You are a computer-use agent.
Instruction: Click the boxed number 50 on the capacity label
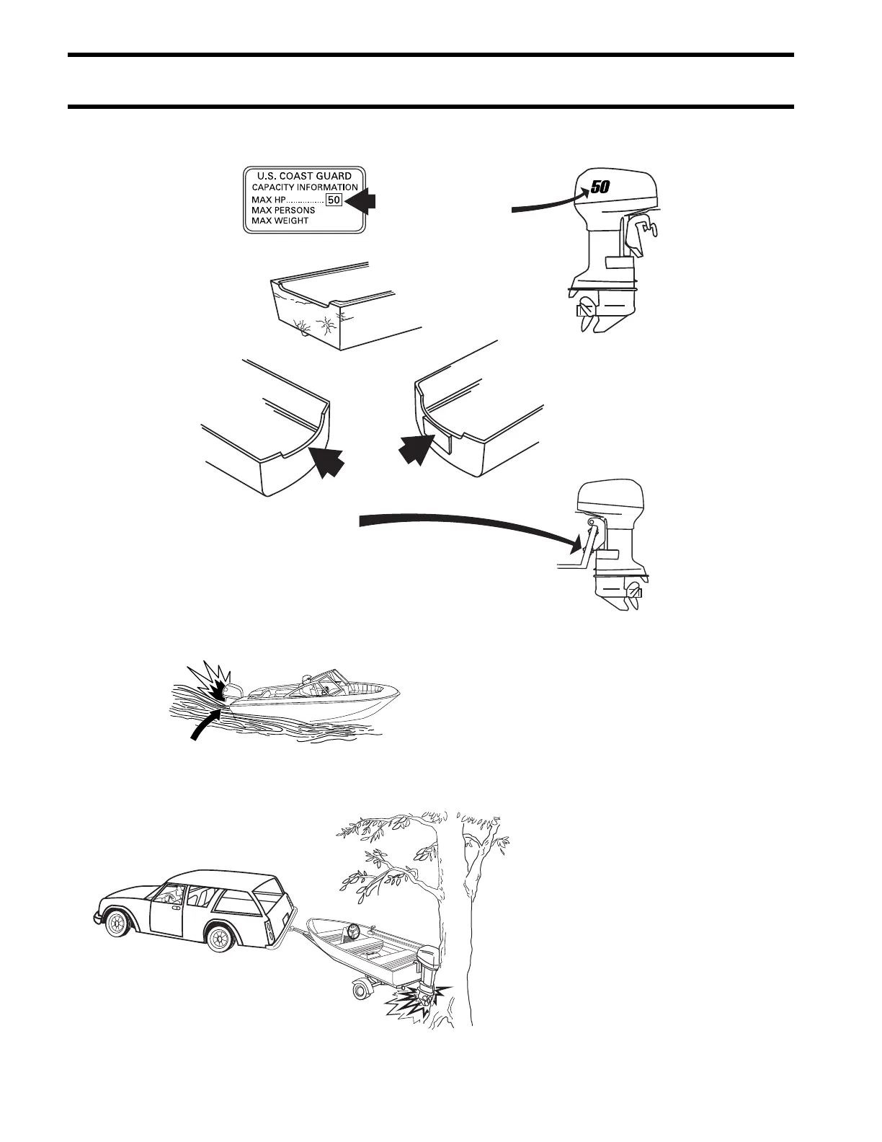point(334,200)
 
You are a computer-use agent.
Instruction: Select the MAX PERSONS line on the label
point(283,211)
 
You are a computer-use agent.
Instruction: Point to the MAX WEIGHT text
point(280,221)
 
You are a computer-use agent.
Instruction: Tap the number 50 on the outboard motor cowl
point(600,187)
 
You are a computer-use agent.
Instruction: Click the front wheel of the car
point(117,924)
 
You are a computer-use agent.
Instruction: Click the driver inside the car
point(173,895)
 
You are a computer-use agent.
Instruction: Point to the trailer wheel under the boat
point(360,990)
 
